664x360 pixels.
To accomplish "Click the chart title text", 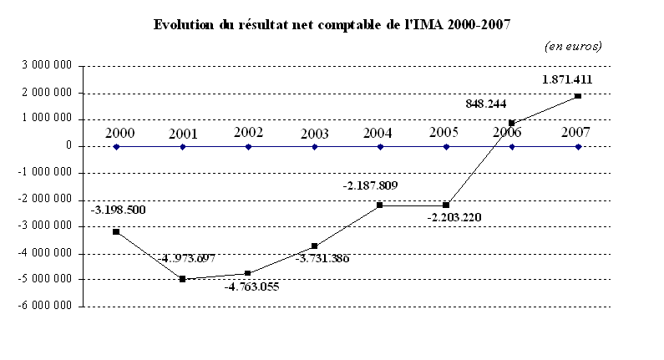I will (x=332, y=24).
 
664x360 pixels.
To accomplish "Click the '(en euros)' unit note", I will (x=573, y=46).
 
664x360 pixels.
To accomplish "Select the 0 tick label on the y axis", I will (x=69, y=146).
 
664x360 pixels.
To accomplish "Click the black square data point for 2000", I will (x=116, y=231).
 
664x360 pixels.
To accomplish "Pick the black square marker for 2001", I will (x=182, y=279).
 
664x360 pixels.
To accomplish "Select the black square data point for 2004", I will (x=380, y=205).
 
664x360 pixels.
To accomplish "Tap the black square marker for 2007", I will (x=578, y=96).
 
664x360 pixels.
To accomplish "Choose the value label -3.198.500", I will (x=119, y=210).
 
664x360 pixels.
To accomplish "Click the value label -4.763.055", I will (x=251, y=286).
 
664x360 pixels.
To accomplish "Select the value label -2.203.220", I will (x=454, y=218).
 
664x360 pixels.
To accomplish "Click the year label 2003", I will (x=314, y=133).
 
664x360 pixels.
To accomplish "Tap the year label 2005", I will (x=446, y=133).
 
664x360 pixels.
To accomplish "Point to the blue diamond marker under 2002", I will (x=248, y=146).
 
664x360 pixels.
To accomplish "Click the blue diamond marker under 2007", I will (x=578, y=146).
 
